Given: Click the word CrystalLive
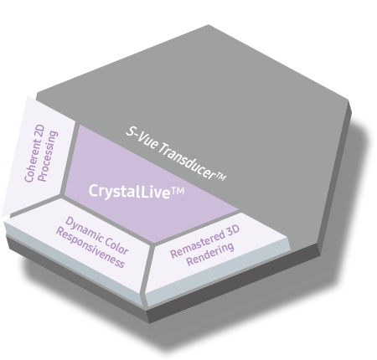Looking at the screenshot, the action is click(129, 192).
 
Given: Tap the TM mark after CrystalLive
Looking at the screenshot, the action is click(178, 191).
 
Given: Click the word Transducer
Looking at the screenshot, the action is click(186, 161).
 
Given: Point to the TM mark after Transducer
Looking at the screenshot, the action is click(220, 177).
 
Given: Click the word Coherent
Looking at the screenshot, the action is click(32, 162).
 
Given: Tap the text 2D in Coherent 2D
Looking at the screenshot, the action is click(40, 131).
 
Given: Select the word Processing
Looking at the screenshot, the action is click(48, 157).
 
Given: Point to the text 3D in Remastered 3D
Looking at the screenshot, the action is click(231, 230).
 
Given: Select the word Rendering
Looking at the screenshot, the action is click(210, 254).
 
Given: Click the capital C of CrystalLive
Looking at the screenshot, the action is click(93, 190).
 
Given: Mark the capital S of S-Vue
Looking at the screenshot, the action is click(130, 131).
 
